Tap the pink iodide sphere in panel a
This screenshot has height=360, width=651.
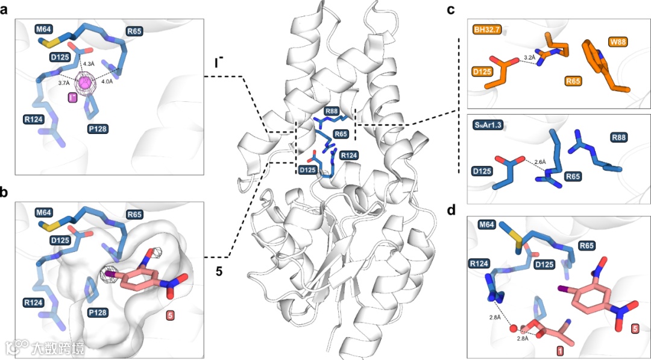point(87,83)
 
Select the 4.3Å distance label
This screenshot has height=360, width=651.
point(88,63)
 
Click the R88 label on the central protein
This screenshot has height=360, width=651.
point(331,112)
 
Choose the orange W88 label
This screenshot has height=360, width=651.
point(617,42)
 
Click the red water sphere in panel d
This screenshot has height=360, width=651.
point(514,329)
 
